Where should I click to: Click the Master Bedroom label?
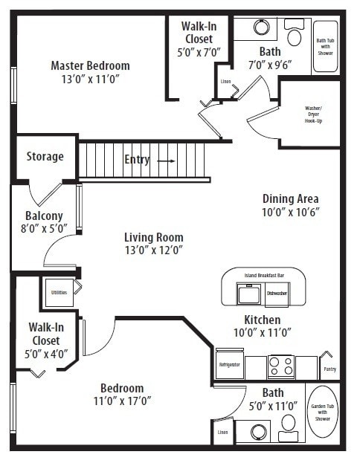(90, 65)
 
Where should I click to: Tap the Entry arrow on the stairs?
(166, 160)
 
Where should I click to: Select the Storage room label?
(45, 157)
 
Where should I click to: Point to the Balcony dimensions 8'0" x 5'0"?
(45, 229)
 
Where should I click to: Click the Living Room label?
(153, 237)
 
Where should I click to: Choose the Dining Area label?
(290, 198)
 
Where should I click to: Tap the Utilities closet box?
(59, 292)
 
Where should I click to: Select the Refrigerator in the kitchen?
(228, 366)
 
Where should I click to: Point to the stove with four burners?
(281, 366)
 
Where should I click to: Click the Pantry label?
(330, 369)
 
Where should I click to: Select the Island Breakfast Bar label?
(263, 274)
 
